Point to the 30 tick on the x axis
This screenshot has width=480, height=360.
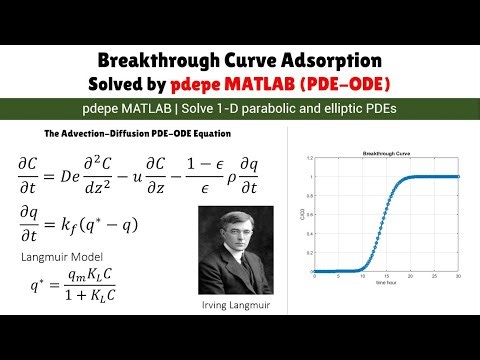coord(459,277)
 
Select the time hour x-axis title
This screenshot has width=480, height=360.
coord(386,284)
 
